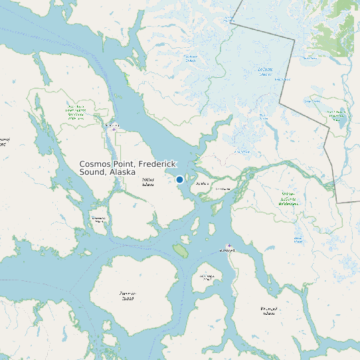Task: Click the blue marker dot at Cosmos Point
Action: tap(179, 179)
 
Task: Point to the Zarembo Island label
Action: tap(128, 296)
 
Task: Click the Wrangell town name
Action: tap(227, 251)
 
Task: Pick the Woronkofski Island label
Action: tap(207, 277)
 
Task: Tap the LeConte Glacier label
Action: tap(265, 72)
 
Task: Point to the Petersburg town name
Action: tap(111, 124)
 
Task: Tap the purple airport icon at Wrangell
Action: tap(229, 245)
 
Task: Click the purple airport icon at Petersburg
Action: tap(114, 130)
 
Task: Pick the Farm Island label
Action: tap(222, 189)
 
